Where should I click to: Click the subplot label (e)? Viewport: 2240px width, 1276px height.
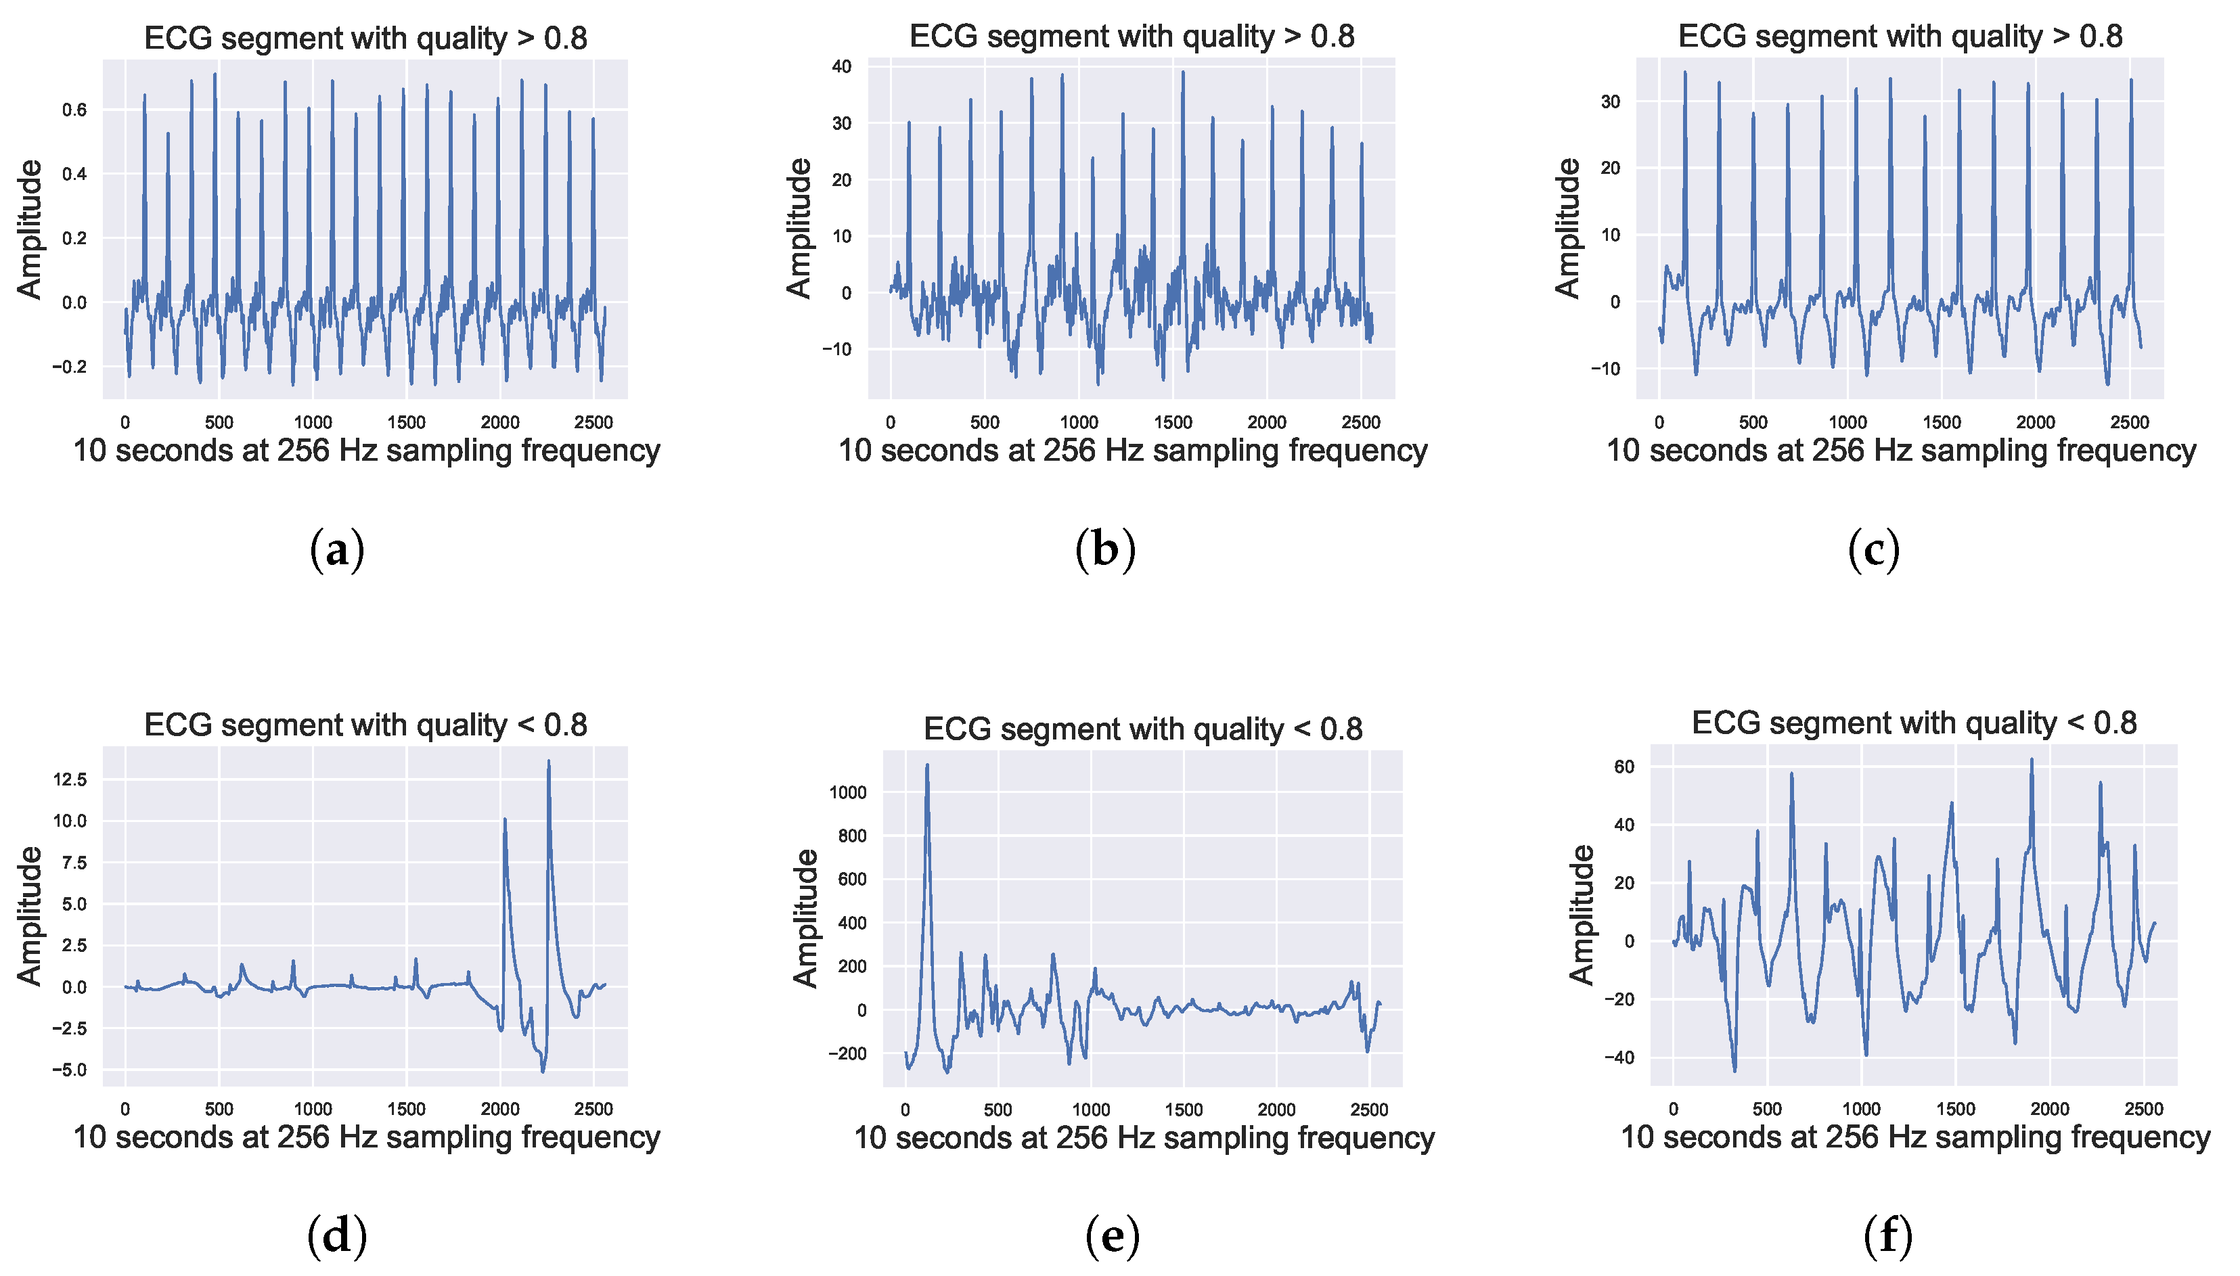pyautogui.click(x=1112, y=1237)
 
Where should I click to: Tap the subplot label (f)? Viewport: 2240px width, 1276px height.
pyautogui.click(x=1887, y=1237)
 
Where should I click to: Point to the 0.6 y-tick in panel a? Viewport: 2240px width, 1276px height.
pyautogui.click(x=74, y=110)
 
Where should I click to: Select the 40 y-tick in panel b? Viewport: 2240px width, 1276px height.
pyautogui.click(x=841, y=66)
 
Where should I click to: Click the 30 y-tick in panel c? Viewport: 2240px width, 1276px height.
pyautogui.click(x=1610, y=101)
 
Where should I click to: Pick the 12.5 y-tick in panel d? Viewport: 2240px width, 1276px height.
pyautogui.click(x=70, y=779)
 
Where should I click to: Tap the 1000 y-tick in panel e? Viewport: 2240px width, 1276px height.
pyautogui.click(x=847, y=792)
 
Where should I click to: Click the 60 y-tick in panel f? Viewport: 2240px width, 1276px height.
pyautogui.click(x=1624, y=767)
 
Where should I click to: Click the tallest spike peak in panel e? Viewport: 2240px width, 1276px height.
pyautogui.click(x=926, y=766)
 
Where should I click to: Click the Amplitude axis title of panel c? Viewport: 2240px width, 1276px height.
pyautogui.click(x=1567, y=228)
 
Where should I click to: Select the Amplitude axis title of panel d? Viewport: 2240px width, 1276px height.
pyautogui.click(x=29, y=916)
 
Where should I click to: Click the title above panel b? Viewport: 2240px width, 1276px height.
pyautogui.click(x=1132, y=36)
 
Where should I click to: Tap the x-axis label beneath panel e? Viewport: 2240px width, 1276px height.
pyautogui.click(x=1143, y=1137)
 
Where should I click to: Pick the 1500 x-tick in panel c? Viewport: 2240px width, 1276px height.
pyautogui.click(x=1941, y=422)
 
